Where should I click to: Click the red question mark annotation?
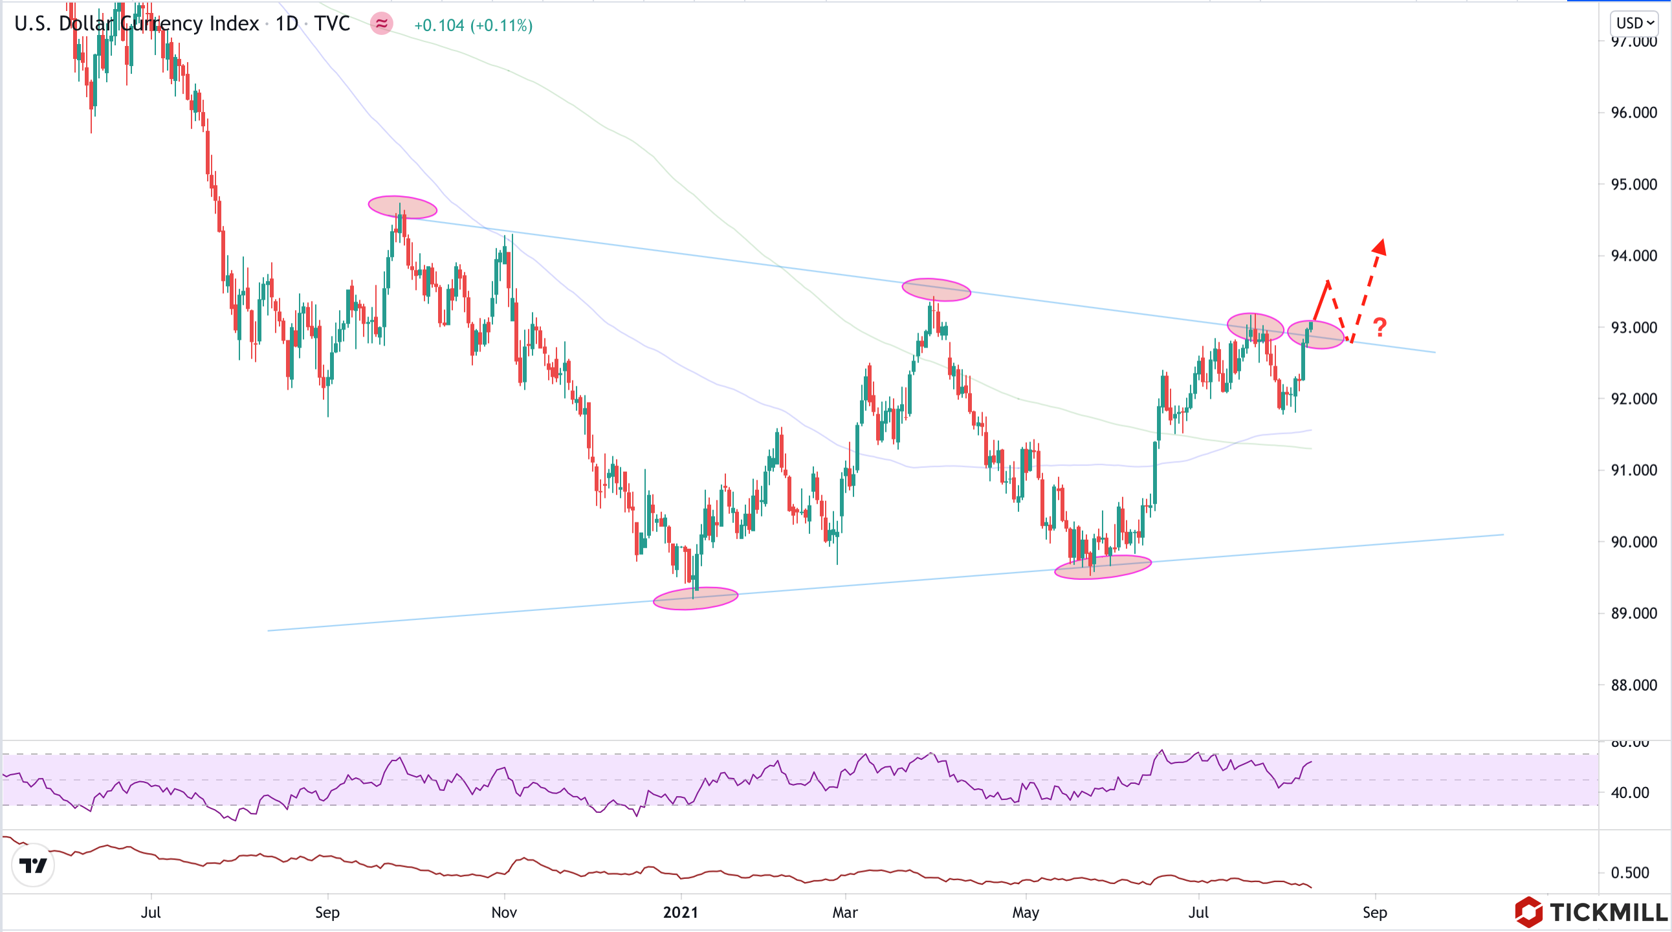(1380, 326)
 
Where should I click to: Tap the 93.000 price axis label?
(1633, 327)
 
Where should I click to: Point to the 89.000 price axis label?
(1633, 614)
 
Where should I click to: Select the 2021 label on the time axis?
(680, 912)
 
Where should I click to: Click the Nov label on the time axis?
(503, 912)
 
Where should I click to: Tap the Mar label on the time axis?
(844, 912)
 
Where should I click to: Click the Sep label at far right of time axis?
(1374, 912)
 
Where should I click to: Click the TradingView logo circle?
(33, 865)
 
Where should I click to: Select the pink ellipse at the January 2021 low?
(695, 598)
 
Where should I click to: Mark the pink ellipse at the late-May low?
(1103, 567)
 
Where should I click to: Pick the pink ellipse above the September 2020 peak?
(402, 207)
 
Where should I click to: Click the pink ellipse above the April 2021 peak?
(936, 289)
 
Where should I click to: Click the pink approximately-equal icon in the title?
(382, 24)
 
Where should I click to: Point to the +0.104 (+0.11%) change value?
(473, 25)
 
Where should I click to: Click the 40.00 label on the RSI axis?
(1629, 792)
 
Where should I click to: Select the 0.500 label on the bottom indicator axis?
(1629, 872)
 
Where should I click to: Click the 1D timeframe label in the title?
(286, 24)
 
